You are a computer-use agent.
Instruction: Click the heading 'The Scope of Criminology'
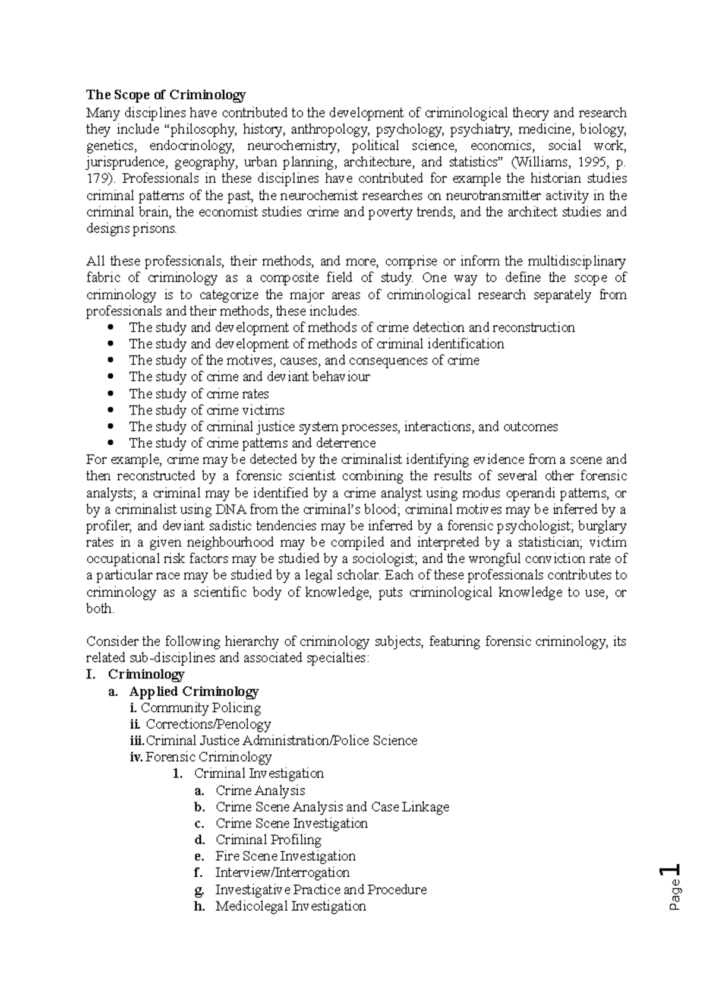point(166,95)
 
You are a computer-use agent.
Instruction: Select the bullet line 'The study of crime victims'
point(206,410)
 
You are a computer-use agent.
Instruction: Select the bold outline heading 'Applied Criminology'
point(194,692)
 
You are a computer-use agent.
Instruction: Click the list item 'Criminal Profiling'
point(268,839)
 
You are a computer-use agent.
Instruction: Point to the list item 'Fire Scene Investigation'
point(285,856)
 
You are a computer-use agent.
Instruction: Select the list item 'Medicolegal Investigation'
point(291,906)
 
